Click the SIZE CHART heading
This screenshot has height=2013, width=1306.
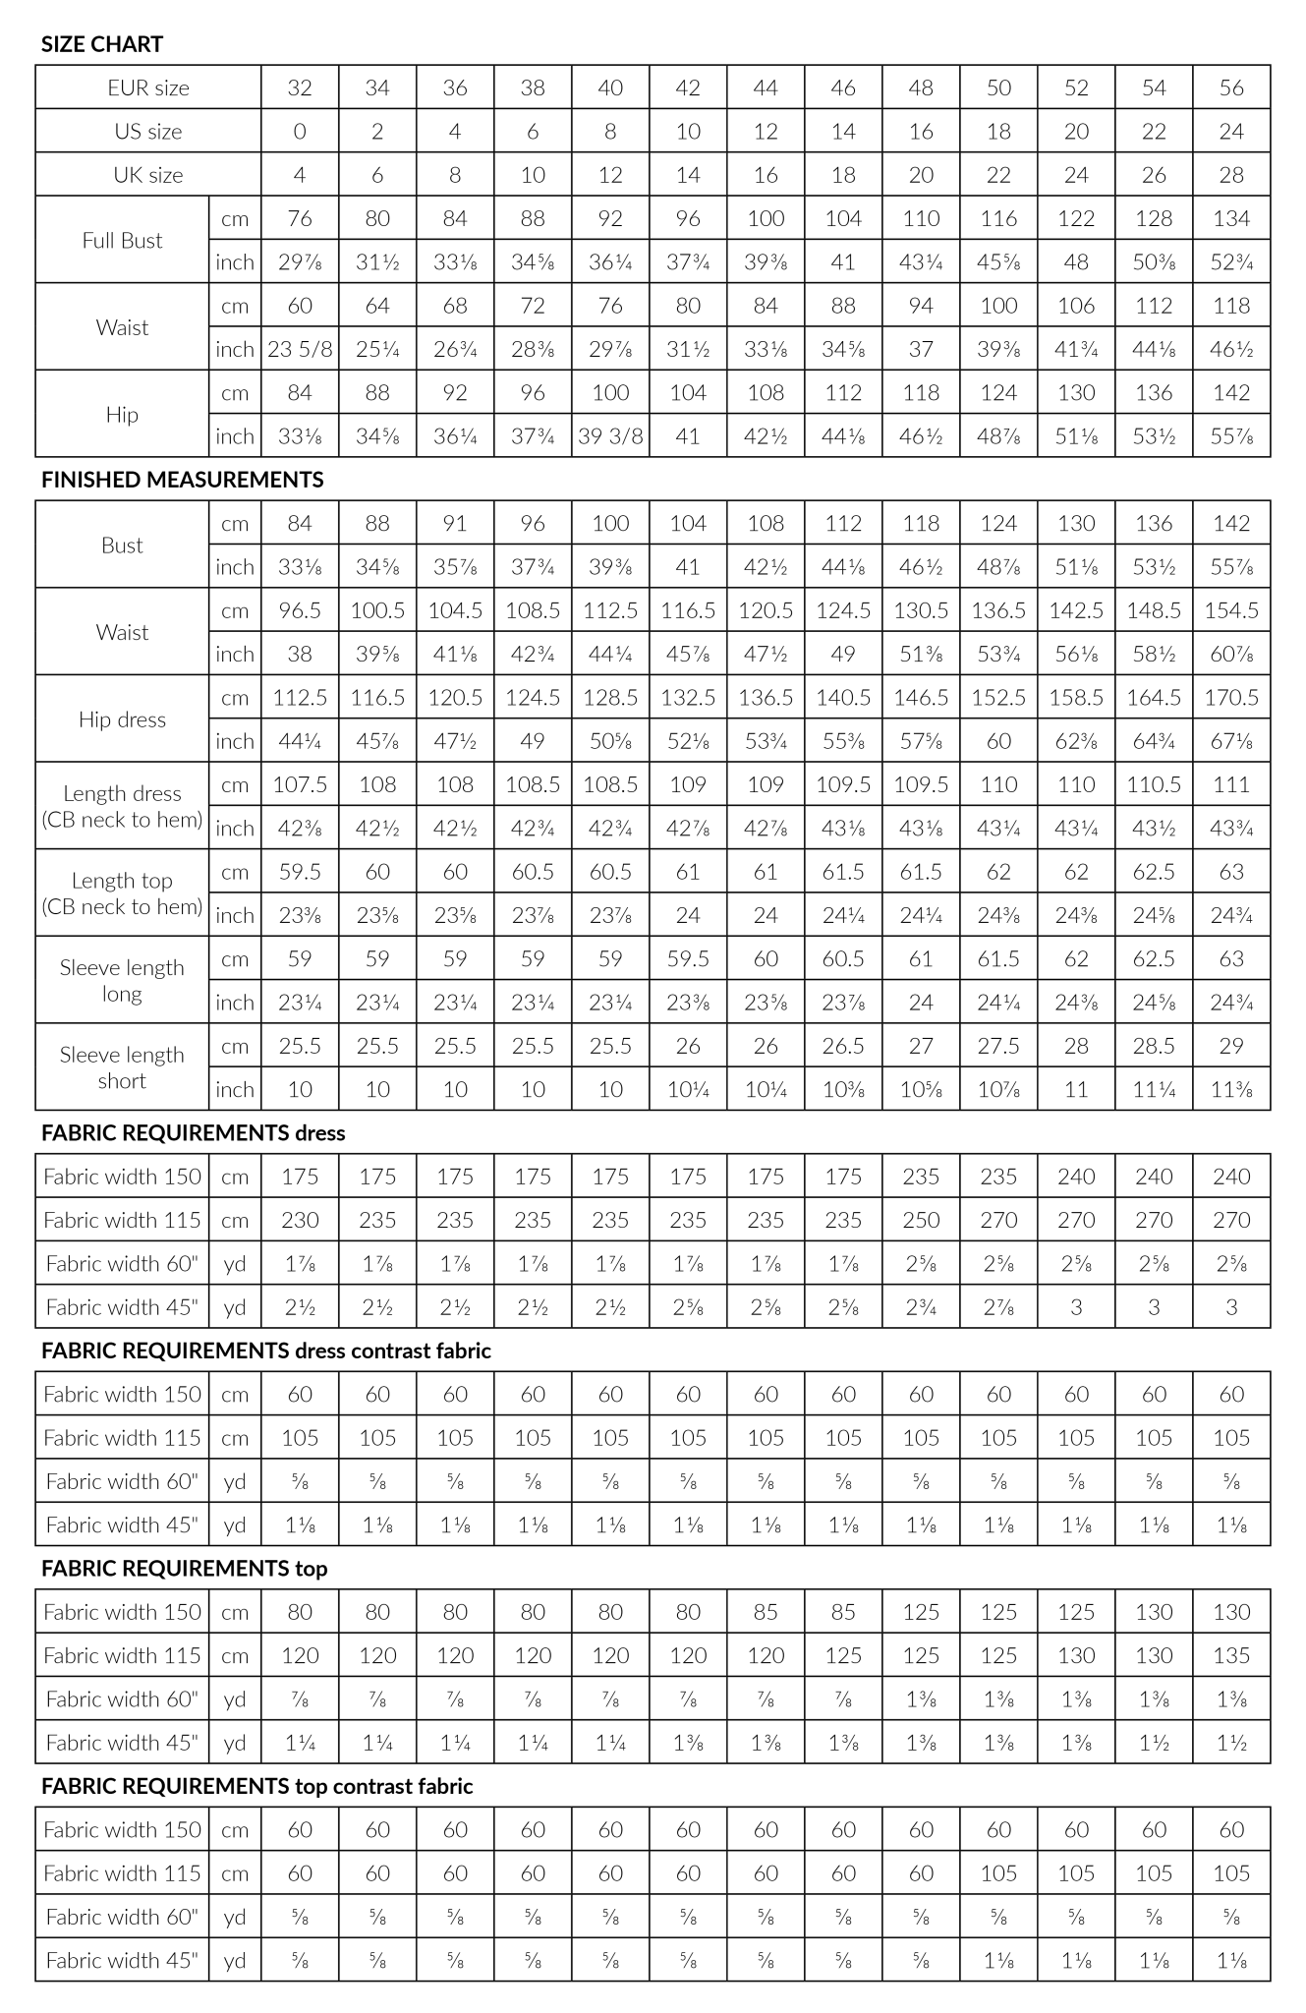point(102,44)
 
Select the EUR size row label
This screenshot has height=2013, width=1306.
point(148,87)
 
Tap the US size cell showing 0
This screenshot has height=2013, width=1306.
point(300,132)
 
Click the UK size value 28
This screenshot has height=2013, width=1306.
point(1231,175)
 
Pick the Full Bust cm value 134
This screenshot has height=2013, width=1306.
point(1231,218)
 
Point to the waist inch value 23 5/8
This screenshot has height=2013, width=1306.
point(300,349)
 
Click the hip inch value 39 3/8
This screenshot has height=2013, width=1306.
point(610,436)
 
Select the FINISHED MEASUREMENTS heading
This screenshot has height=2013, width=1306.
point(183,480)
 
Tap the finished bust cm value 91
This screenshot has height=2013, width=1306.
point(455,524)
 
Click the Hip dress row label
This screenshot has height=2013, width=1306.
point(122,719)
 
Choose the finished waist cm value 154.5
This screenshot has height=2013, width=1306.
point(1231,610)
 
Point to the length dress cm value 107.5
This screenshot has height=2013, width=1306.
point(300,784)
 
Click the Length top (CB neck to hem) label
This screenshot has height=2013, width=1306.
point(122,893)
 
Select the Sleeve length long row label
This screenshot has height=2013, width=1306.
point(122,980)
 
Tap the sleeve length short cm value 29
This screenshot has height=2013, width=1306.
point(1231,1046)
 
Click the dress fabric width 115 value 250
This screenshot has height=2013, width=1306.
point(921,1220)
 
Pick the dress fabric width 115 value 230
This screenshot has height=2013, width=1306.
point(300,1220)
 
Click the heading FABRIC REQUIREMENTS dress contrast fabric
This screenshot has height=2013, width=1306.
point(265,1351)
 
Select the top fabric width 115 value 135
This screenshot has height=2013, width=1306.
point(1231,1655)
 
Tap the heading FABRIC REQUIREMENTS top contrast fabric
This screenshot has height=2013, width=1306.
point(256,1786)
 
